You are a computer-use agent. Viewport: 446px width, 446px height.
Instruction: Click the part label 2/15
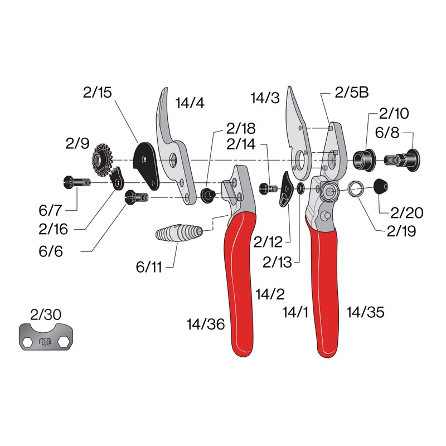[97, 93]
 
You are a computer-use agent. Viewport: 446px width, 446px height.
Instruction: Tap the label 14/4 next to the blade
[190, 103]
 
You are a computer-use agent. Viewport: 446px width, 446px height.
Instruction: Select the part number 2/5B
[352, 93]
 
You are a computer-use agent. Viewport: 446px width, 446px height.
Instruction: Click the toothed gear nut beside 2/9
[102, 158]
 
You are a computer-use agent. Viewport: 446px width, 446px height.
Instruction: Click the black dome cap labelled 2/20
[381, 187]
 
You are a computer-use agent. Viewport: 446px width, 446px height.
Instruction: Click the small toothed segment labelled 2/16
[118, 180]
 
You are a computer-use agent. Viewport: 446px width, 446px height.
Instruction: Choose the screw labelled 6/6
[137, 197]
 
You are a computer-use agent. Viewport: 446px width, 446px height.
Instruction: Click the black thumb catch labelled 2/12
[287, 190]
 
